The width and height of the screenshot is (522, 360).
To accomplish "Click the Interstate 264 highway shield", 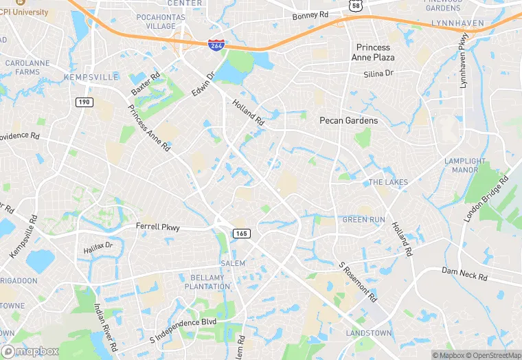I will (x=216, y=45).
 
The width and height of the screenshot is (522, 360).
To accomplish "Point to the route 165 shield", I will (x=241, y=234).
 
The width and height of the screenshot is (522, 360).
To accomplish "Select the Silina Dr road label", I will (x=378, y=73).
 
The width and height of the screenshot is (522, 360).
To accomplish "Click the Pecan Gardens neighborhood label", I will (x=349, y=120).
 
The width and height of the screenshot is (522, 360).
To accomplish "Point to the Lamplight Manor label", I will (x=461, y=166).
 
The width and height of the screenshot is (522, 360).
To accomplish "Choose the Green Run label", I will (x=364, y=220).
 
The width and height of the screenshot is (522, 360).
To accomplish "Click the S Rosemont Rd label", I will (x=358, y=282).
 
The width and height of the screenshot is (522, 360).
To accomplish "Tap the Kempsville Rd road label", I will (x=23, y=234).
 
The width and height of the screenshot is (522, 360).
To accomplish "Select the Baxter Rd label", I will (x=145, y=85).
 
